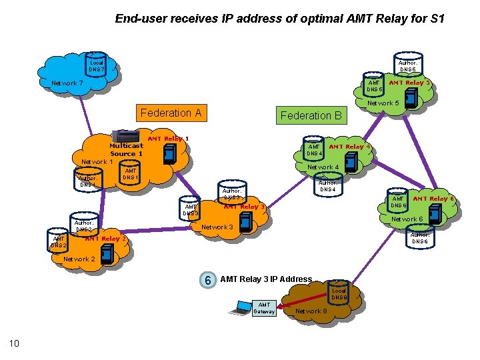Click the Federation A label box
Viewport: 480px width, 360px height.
tap(171, 113)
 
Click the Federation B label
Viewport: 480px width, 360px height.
tap(311, 115)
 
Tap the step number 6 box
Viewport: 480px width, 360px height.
tap(208, 280)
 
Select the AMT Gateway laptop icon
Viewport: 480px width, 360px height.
tap(239, 308)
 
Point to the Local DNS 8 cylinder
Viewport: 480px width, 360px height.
tap(339, 292)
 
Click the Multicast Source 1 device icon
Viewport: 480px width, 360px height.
tap(127, 137)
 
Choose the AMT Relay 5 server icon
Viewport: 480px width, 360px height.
tap(411, 97)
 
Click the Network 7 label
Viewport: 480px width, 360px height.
tap(67, 83)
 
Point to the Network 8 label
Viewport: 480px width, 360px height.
tap(311, 311)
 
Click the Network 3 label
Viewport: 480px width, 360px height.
tap(217, 227)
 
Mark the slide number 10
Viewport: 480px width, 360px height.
tap(14, 343)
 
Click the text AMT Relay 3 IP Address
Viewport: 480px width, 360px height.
tap(266, 279)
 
